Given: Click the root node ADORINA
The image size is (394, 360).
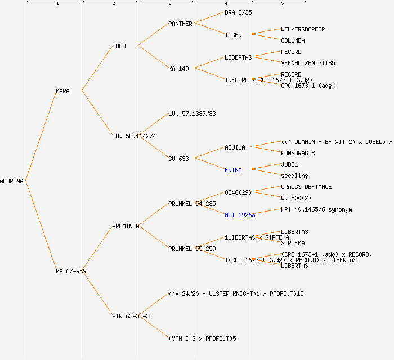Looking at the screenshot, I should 12,181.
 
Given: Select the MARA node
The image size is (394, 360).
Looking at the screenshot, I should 62,91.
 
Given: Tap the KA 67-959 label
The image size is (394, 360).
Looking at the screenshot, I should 71,271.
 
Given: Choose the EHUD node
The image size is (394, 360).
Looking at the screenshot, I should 119,46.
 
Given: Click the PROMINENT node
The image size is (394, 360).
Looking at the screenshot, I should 127,226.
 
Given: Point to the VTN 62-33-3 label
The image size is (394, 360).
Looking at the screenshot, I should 131,316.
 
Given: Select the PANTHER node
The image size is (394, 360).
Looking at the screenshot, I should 180,24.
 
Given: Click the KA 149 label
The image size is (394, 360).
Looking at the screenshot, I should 179,69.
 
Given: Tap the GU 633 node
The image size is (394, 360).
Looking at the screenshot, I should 179,159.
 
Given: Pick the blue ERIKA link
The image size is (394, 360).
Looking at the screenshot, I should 233,170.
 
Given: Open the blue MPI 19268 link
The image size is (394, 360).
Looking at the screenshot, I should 240,215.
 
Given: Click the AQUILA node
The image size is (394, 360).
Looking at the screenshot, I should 235,147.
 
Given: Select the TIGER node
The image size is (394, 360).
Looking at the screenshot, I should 233,35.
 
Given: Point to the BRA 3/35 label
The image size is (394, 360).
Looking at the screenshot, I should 238,12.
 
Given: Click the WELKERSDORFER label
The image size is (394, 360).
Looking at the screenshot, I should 303,29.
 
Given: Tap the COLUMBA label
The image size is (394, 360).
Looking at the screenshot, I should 293,40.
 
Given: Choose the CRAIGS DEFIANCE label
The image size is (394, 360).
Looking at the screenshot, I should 306,187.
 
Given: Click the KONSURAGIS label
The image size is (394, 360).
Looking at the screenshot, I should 298,153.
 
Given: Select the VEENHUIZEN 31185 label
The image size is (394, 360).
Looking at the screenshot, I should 308,63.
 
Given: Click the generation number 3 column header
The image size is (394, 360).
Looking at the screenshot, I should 169,4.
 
